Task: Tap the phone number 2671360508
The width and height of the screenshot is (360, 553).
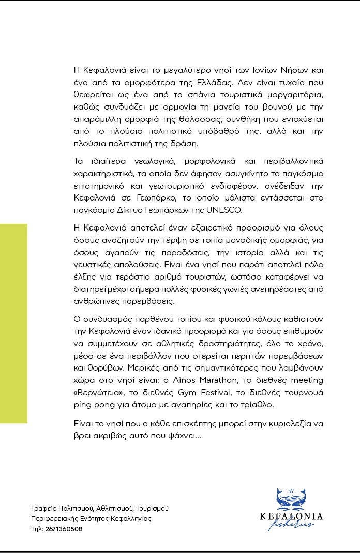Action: [x=64, y=529]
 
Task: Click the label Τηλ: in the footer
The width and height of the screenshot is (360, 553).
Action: [x=37, y=529]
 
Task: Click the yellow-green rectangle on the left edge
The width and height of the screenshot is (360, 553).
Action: [x=13, y=324]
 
